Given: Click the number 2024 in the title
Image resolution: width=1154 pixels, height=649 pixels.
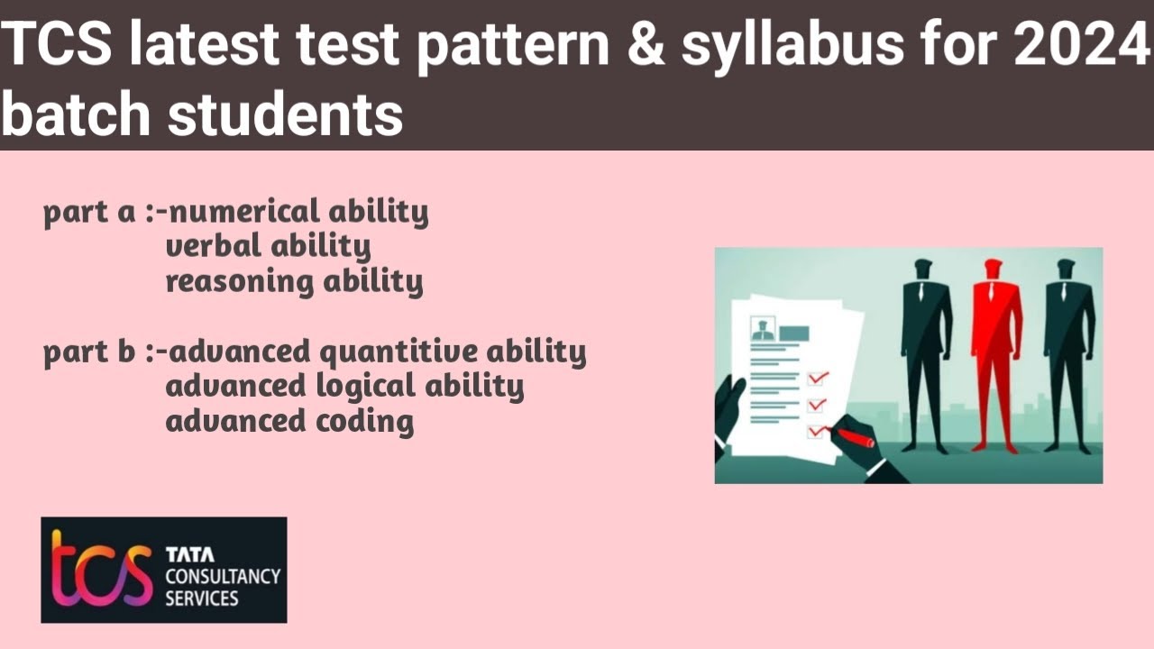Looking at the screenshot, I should coord(1082,47).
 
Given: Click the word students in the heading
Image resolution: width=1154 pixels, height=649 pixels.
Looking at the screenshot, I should coord(285,115).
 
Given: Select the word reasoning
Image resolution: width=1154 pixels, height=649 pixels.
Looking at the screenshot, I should coord(239,282).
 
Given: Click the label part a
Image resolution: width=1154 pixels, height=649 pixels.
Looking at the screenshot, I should coord(90,215).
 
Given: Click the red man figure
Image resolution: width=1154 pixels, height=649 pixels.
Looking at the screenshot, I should coord(994,352).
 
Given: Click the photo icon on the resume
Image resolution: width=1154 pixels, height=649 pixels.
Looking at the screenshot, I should coord(763,329).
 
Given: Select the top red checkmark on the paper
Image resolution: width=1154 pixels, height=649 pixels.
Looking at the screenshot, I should coord(819,378).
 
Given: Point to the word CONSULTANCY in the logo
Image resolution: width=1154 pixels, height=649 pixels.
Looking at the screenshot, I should coord(223,576).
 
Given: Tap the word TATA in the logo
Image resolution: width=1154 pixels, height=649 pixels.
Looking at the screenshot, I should coord(190,554).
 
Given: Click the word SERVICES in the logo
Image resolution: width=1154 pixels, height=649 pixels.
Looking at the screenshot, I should coord(201,598).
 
